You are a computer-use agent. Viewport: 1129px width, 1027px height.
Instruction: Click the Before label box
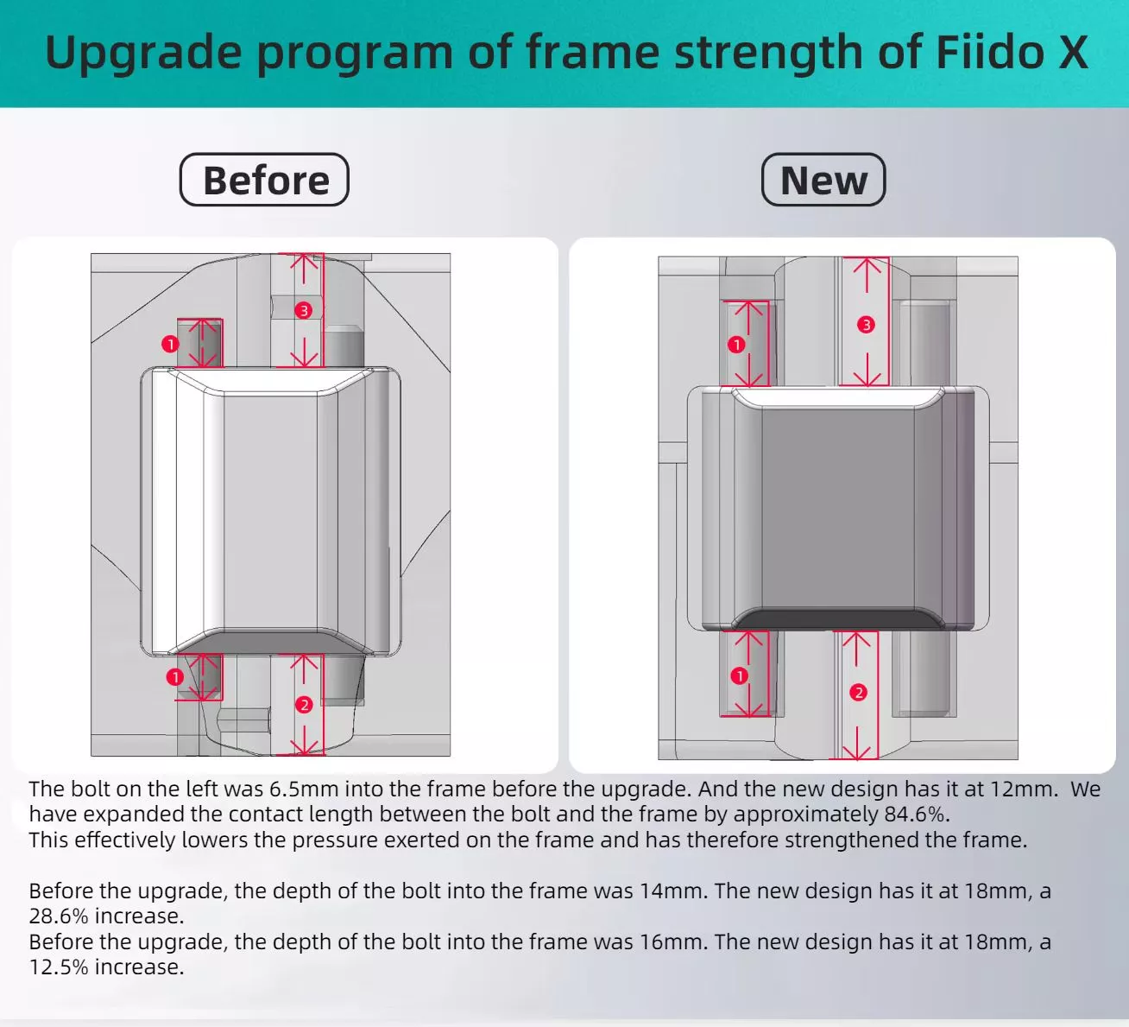pyautogui.click(x=264, y=180)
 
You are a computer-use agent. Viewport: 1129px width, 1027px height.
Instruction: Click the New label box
pyautogui.click(x=823, y=180)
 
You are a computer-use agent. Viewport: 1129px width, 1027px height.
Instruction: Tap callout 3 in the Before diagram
pyautogui.click(x=304, y=310)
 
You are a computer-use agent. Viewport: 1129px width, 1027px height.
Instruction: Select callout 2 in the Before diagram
pyautogui.click(x=304, y=705)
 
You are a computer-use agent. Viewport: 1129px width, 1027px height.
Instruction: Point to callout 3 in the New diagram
pyautogui.click(x=866, y=325)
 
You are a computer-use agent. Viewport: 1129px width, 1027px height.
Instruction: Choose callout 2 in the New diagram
pyautogui.click(x=858, y=693)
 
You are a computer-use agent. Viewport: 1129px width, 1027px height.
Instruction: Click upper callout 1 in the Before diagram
pyautogui.click(x=170, y=344)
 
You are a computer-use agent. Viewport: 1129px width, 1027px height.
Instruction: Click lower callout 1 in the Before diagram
pyautogui.click(x=175, y=676)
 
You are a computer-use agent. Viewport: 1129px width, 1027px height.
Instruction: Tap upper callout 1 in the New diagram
pyautogui.click(x=736, y=345)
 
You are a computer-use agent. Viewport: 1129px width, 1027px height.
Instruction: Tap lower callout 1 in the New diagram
pyautogui.click(x=739, y=675)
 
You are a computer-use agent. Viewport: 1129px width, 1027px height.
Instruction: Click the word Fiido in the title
pyautogui.click(x=989, y=53)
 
